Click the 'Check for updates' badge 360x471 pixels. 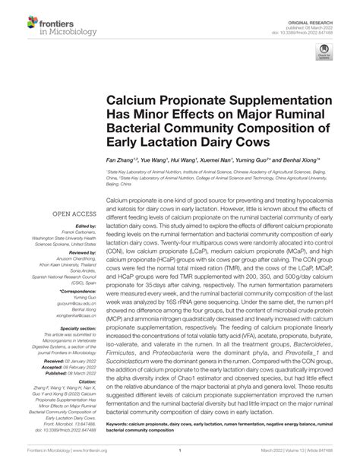pos(324,54)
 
